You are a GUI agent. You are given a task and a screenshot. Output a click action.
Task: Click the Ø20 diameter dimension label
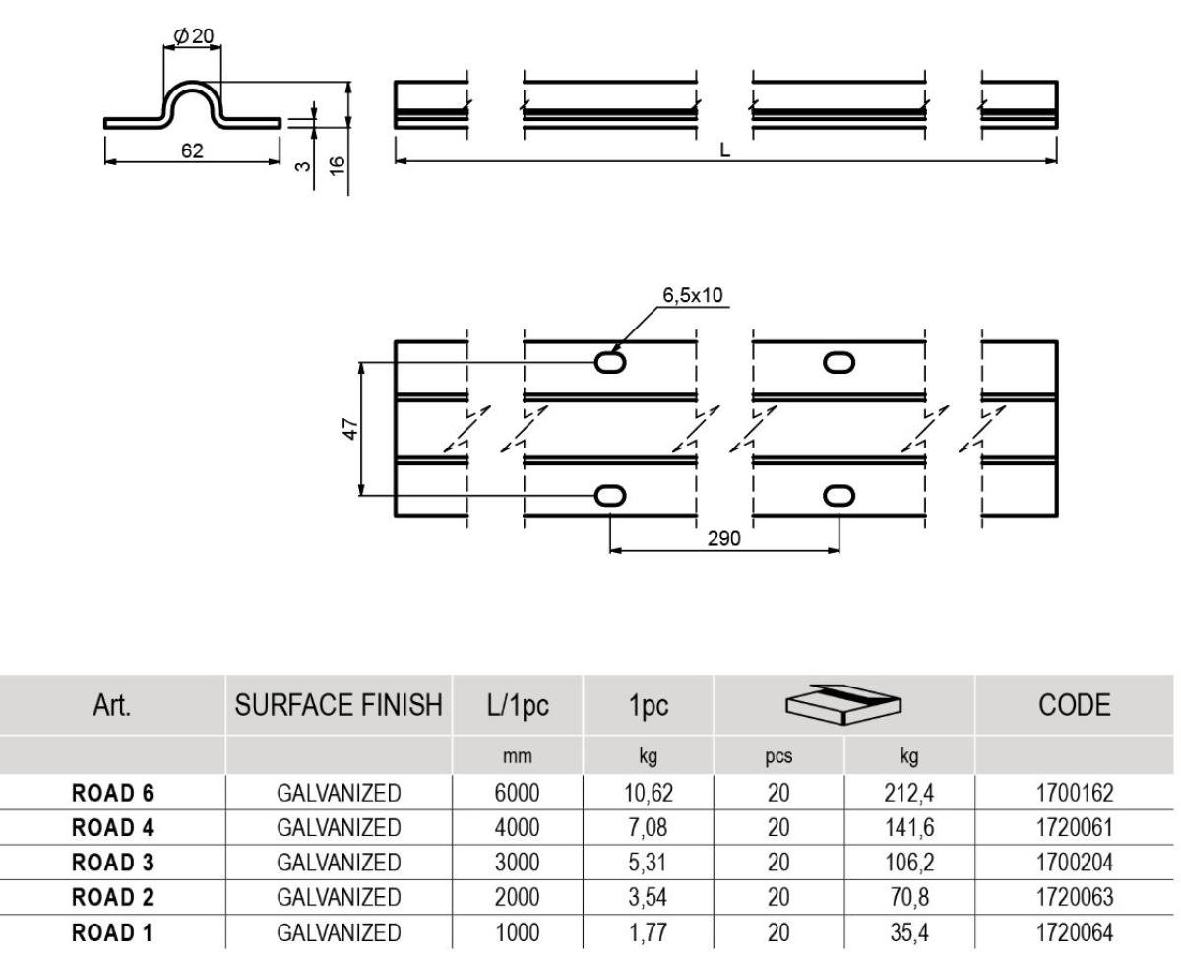[x=194, y=36]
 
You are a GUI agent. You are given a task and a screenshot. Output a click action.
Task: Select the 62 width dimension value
[x=192, y=150]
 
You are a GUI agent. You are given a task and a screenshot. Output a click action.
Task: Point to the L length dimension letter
[x=724, y=150]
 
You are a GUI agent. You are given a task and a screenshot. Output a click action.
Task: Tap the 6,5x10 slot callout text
[x=693, y=295]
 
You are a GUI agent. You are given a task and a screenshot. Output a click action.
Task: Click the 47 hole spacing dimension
[x=351, y=429]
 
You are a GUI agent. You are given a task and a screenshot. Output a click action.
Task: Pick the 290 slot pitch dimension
[x=724, y=538]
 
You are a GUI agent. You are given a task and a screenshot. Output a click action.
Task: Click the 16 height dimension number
[x=338, y=165]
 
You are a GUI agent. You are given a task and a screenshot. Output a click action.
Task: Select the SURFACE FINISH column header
[x=339, y=705]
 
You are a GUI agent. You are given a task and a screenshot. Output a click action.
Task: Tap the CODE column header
[x=1074, y=705]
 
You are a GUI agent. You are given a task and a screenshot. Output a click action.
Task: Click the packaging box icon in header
[x=843, y=704]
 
